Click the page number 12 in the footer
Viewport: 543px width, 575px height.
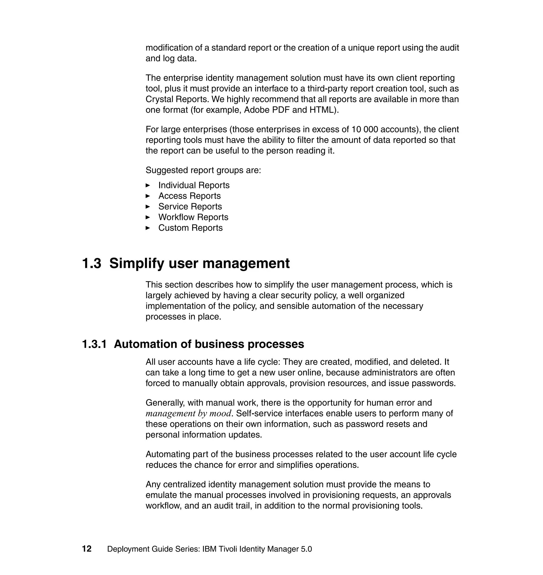tap(87, 549)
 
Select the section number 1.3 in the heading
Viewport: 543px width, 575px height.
tap(92, 263)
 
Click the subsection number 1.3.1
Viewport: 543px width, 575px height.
tap(94, 344)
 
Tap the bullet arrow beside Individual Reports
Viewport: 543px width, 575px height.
tap(148, 185)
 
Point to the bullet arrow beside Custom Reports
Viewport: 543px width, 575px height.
tap(148, 228)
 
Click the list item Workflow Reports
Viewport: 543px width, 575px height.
tap(193, 217)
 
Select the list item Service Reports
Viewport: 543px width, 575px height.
tap(190, 206)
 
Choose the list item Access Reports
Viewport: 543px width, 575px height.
tap(189, 196)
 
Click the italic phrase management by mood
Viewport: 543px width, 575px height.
tap(189, 413)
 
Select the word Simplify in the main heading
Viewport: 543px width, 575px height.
tap(137, 263)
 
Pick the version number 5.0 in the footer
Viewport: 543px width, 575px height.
tap(306, 549)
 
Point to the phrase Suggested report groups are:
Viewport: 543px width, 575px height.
tap(203, 170)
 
